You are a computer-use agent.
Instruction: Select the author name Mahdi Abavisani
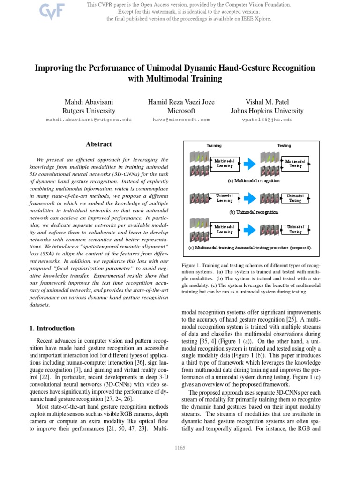[89, 102]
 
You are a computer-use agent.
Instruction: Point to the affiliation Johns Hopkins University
[267, 111]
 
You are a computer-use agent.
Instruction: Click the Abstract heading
[98, 145]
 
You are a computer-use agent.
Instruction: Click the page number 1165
[180, 448]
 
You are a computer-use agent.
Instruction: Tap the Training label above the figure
[214, 146]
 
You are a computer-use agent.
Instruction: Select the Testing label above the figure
[284, 146]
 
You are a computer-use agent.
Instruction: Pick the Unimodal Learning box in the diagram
[225, 198]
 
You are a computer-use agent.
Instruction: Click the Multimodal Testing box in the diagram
[295, 164]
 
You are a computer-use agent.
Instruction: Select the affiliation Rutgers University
[89, 111]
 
